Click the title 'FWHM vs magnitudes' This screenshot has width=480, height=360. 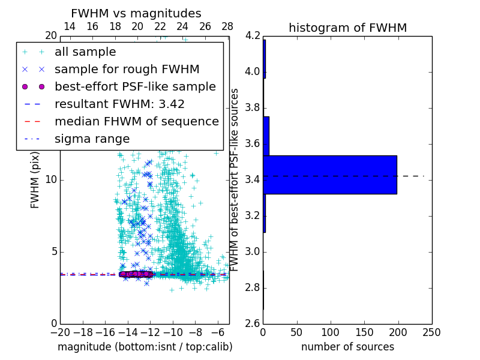click(136, 13)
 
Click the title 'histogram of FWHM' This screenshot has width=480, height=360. click(347, 28)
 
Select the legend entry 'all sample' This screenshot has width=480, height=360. click(85, 52)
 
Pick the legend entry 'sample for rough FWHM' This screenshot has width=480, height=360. click(127, 69)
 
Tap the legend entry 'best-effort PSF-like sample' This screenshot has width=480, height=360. click(135, 86)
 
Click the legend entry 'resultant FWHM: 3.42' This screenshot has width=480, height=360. click(119, 104)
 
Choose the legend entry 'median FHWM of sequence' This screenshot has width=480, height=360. click(136, 121)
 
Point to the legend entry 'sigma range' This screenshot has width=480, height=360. click(92, 139)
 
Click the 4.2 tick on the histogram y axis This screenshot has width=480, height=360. click(252, 36)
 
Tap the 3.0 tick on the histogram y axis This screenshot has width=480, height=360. click(252, 251)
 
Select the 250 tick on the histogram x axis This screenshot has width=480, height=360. click(431, 332)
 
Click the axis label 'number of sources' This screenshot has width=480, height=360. click(347, 347)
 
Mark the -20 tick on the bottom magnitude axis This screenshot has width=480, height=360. click(60, 332)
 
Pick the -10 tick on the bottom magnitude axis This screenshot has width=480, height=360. click(173, 332)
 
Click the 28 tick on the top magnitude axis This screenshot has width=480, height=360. click(227, 26)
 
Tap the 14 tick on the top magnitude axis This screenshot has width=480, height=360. click(70, 26)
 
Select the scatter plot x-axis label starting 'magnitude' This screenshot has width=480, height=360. click(145, 347)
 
